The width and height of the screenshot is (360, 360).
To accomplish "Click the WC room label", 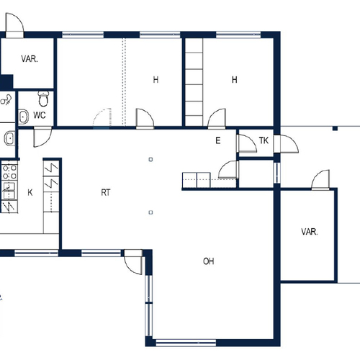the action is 40,115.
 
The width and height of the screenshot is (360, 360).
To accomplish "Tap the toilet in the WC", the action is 43,99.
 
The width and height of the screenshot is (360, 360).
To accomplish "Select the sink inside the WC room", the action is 23,117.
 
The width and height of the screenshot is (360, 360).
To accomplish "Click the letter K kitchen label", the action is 30,192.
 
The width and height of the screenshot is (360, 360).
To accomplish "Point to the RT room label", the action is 106,192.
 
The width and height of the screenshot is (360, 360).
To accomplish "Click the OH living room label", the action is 208,261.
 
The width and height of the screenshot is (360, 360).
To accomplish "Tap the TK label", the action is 264,140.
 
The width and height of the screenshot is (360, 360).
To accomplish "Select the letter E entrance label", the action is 218,140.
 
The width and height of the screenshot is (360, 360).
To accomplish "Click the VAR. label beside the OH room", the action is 310,232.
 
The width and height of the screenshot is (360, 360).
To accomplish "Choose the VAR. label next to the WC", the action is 30,59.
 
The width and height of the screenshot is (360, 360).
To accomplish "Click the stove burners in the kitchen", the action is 9,172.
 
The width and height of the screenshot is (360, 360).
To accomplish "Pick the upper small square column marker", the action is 150,159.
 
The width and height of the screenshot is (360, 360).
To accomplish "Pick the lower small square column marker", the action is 150,212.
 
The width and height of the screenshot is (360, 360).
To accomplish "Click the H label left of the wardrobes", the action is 156,79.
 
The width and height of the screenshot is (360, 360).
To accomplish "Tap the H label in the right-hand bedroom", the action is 235,79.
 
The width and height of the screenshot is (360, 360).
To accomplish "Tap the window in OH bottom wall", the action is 186,343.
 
